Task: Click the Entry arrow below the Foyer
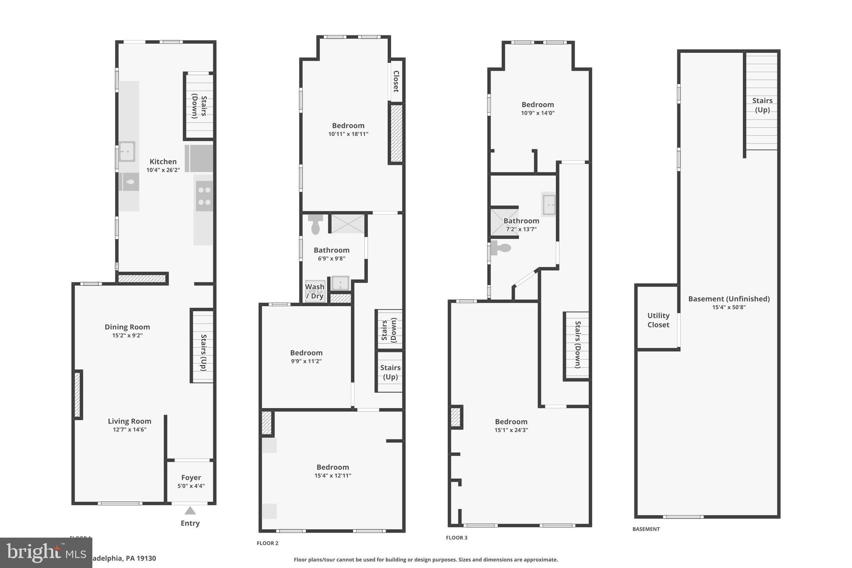click(x=190, y=511)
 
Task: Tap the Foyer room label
click(x=191, y=478)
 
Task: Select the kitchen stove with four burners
click(x=204, y=196)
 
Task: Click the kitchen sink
click(x=127, y=151)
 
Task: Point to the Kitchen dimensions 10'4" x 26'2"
click(x=163, y=170)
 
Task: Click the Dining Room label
click(x=127, y=327)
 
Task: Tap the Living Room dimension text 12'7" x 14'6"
click(x=129, y=430)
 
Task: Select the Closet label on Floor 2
click(x=396, y=81)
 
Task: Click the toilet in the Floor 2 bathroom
click(x=315, y=225)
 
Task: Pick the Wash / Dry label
click(x=315, y=291)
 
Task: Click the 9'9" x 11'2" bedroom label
click(x=306, y=357)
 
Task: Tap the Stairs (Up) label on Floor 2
click(x=390, y=372)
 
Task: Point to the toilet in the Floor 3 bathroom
click(x=501, y=248)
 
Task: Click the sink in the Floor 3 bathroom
click(x=548, y=204)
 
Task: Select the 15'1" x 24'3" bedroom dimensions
click(x=511, y=430)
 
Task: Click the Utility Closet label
click(x=658, y=320)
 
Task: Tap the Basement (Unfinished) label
click(x=729, y=299)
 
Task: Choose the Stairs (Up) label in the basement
click(x=762, y=105)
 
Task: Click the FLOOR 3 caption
click(x=456, y=538)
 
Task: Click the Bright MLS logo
click(x=46, y=553)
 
